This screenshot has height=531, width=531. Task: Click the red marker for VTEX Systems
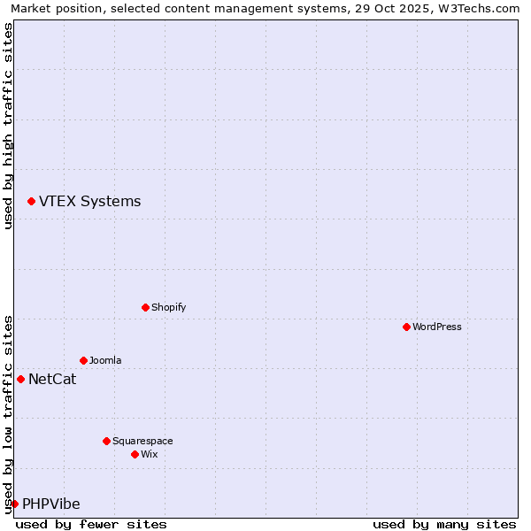click(31, 202)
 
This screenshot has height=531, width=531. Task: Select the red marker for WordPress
click(406, 327)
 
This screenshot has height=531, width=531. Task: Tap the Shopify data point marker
click(145, 307)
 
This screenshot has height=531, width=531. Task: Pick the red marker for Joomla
click(83, 360)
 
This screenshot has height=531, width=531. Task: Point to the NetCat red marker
click(20, 379)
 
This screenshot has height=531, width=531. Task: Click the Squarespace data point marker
click(106, 441)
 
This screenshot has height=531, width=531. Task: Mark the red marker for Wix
click(135, 454)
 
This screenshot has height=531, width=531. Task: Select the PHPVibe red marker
click(14, 504)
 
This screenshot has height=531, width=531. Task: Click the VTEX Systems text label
click(89, 202)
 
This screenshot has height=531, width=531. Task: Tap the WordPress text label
click(436, 327)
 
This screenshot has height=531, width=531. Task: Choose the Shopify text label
click(168, 307)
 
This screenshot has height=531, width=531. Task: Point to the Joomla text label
click(105, 360)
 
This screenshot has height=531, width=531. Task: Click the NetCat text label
click(52, 380)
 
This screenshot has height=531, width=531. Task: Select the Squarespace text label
click(142, 441)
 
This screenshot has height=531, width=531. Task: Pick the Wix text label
click(149, 454)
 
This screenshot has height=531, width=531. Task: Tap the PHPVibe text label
click(50, 504)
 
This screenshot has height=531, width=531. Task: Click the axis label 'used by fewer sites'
click(91, 524)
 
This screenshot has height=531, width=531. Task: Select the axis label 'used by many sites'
click(444, 524)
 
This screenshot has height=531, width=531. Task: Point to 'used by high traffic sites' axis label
click(8, 126)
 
